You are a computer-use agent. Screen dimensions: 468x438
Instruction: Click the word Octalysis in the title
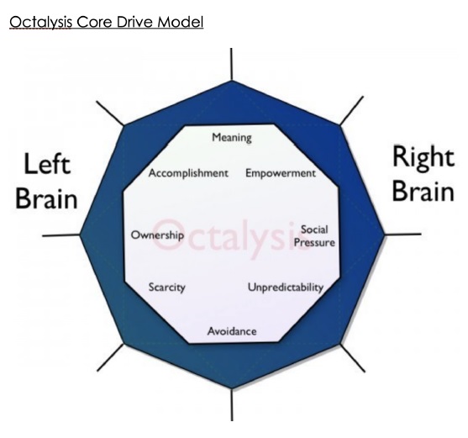pos(40,23)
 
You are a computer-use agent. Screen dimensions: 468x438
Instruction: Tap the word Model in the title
pos(181,22)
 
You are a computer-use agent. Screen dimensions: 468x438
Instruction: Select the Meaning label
pos(232,138)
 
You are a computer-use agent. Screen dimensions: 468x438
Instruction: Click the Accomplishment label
pos(188,173)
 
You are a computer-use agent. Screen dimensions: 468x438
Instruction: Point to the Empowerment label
pos(281,173)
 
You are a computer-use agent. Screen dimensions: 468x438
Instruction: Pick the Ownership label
pos(158,235)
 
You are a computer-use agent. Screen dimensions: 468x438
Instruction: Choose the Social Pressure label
pos(314,236)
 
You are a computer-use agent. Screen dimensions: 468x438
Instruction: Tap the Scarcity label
pos(167,288)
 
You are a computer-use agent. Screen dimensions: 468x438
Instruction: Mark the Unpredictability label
pos(286,288)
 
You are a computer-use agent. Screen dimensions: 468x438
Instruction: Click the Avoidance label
pos(232,331)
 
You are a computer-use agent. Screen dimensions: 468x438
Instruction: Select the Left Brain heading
pos(46,181)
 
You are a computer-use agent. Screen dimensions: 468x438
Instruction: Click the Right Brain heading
pos(423,173)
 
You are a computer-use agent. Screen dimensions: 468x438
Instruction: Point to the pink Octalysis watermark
pos(231,238)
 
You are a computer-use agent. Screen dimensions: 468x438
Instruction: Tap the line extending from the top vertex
pos(231,64)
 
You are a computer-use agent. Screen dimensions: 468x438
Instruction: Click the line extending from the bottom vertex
pos(232,405)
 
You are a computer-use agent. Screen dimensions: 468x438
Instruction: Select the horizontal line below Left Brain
pos(61,235)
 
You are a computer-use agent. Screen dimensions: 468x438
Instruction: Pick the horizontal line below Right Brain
pos(402,235)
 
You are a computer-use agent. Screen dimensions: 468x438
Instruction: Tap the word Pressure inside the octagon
pos(314,242)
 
